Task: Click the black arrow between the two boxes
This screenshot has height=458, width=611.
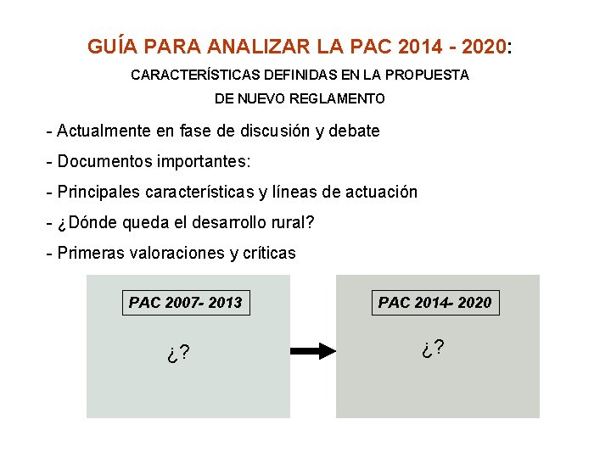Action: pos(313,350)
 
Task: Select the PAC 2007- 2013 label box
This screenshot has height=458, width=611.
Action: pos(186,302)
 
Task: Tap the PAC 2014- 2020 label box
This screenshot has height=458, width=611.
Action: pos(434,302)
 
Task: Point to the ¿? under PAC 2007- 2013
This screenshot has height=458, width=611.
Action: pos(178,353)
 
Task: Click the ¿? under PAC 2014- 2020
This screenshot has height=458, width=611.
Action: pos(433,348)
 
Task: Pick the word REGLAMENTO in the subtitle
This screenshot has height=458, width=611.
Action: pos(337,98)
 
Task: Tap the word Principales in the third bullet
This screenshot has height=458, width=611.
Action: pos(98,192)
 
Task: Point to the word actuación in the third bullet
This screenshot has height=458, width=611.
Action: pos(382,192)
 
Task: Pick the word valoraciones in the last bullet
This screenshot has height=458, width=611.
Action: pos(175,253)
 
